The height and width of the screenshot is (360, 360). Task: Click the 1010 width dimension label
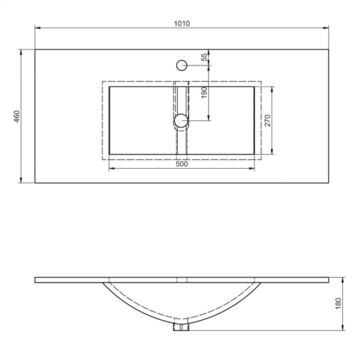pos(182,23)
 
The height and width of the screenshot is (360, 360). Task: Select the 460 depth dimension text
pos(17,116)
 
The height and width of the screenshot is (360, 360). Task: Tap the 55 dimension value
pos(204,57)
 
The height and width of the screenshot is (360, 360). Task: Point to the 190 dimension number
pos(204,92)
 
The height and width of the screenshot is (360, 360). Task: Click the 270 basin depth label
pos(268,120)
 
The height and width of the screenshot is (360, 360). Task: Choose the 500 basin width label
pos(182,164)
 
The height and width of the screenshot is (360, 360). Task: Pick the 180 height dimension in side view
pos(339,304)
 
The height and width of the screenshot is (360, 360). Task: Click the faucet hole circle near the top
pos(182,65)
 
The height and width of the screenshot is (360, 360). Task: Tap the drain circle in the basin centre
pos(181,121)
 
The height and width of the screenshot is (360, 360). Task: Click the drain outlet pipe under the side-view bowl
pos(181,327)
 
